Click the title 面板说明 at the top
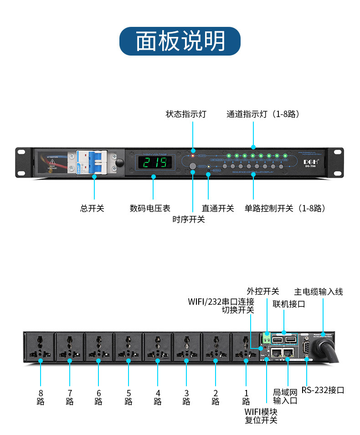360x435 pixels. tap(180, 41)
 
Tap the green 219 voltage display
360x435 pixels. tap(154, 162)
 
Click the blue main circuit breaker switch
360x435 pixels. tap(94, 162)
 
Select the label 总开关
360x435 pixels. tap(93, 208)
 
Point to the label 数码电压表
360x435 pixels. tap(150, 208)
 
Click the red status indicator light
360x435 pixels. tap(193, 150)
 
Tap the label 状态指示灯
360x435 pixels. tap(185, 114)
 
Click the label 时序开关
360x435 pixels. tap(188, 220)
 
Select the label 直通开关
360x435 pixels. tap(218, 208)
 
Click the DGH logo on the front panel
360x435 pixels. tap(311, 161)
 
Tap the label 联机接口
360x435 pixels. tap(289, 303)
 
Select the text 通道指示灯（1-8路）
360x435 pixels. tap(263, 114)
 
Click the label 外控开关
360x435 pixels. tap(263, 291)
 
